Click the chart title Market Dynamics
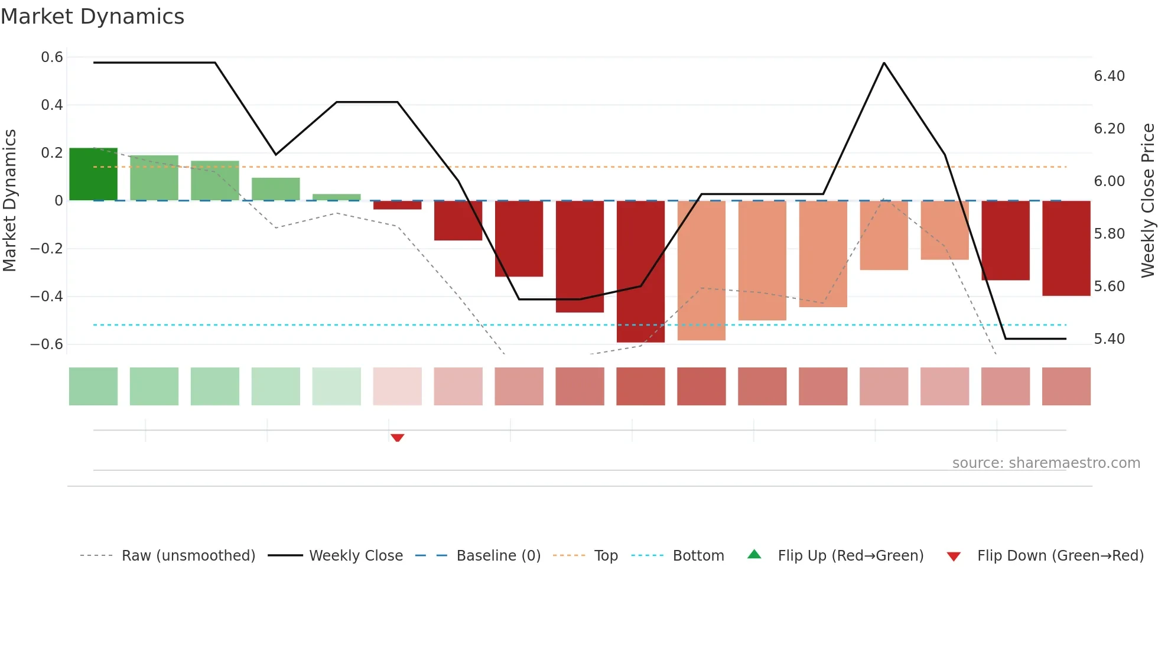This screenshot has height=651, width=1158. point(92,17)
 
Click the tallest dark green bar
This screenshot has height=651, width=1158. point(93,174)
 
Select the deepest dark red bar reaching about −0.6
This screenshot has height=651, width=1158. point(640,272)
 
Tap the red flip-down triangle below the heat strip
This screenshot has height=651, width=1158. point(397,438)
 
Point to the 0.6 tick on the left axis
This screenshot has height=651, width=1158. point(52,57)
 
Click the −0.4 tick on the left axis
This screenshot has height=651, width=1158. point(47,297)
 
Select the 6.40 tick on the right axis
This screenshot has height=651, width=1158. point(1109,76)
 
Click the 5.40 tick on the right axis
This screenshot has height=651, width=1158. point(1109,339)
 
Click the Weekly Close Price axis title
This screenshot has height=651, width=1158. point(1147,201)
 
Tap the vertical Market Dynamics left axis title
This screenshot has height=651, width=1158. point(9,201)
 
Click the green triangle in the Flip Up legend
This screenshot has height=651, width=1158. point(754,555)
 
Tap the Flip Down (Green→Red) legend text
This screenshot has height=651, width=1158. point(1060,556)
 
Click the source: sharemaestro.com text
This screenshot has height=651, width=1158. point(1046,463)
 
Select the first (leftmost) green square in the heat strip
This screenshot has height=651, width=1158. point(93,386)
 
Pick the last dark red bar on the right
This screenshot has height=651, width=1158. point(1066,248)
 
